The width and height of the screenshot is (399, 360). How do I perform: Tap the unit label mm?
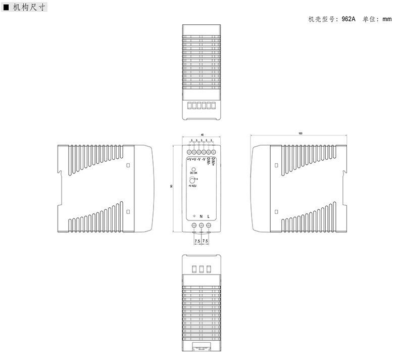point(387,19)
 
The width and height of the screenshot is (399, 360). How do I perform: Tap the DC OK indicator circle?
point(193,168)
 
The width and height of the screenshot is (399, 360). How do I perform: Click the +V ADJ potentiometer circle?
point(192,181)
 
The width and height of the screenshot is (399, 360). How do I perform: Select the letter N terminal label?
point(202,216)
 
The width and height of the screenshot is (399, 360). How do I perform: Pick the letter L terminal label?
point(209,216)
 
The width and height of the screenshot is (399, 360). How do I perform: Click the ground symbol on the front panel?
point(194,216)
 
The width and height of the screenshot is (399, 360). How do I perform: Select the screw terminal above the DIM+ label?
point(214,152)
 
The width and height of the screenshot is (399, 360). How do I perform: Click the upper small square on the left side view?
point(128,165)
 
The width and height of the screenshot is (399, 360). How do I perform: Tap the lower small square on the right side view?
point(275,212)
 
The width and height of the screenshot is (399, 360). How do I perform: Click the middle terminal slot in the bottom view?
point(202,269)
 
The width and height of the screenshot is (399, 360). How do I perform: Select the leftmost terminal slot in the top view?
point(190,106)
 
